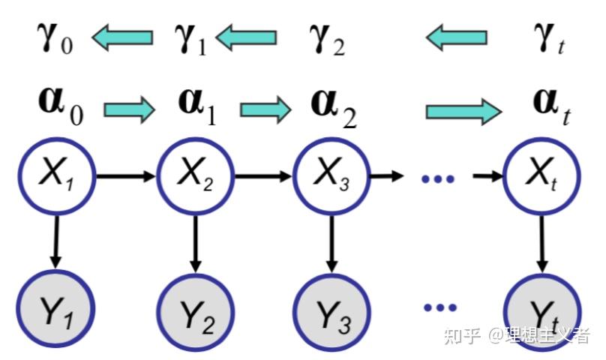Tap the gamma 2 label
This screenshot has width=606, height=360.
328,37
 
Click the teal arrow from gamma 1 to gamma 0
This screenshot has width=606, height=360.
123,37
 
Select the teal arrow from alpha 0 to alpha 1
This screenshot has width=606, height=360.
130,110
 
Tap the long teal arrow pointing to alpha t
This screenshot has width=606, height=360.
463,111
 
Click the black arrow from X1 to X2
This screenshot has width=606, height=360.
125,177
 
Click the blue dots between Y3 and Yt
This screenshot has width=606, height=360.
439,307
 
